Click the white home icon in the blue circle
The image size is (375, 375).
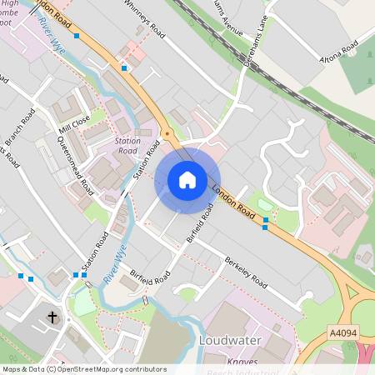point(187,180)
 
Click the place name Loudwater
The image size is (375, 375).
point(231,341)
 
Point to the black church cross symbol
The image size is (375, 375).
point(52,317)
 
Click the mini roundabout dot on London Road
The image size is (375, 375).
point(167,134)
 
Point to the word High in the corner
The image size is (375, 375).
point(11,4)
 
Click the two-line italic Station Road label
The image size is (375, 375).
point(127,147)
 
